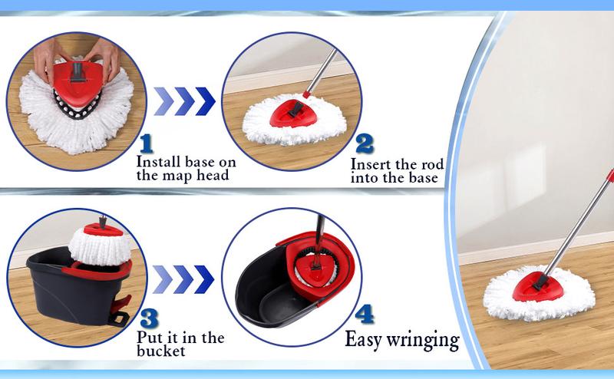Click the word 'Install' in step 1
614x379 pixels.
coord(157,162)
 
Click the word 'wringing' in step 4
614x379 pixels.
coord(424,338)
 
